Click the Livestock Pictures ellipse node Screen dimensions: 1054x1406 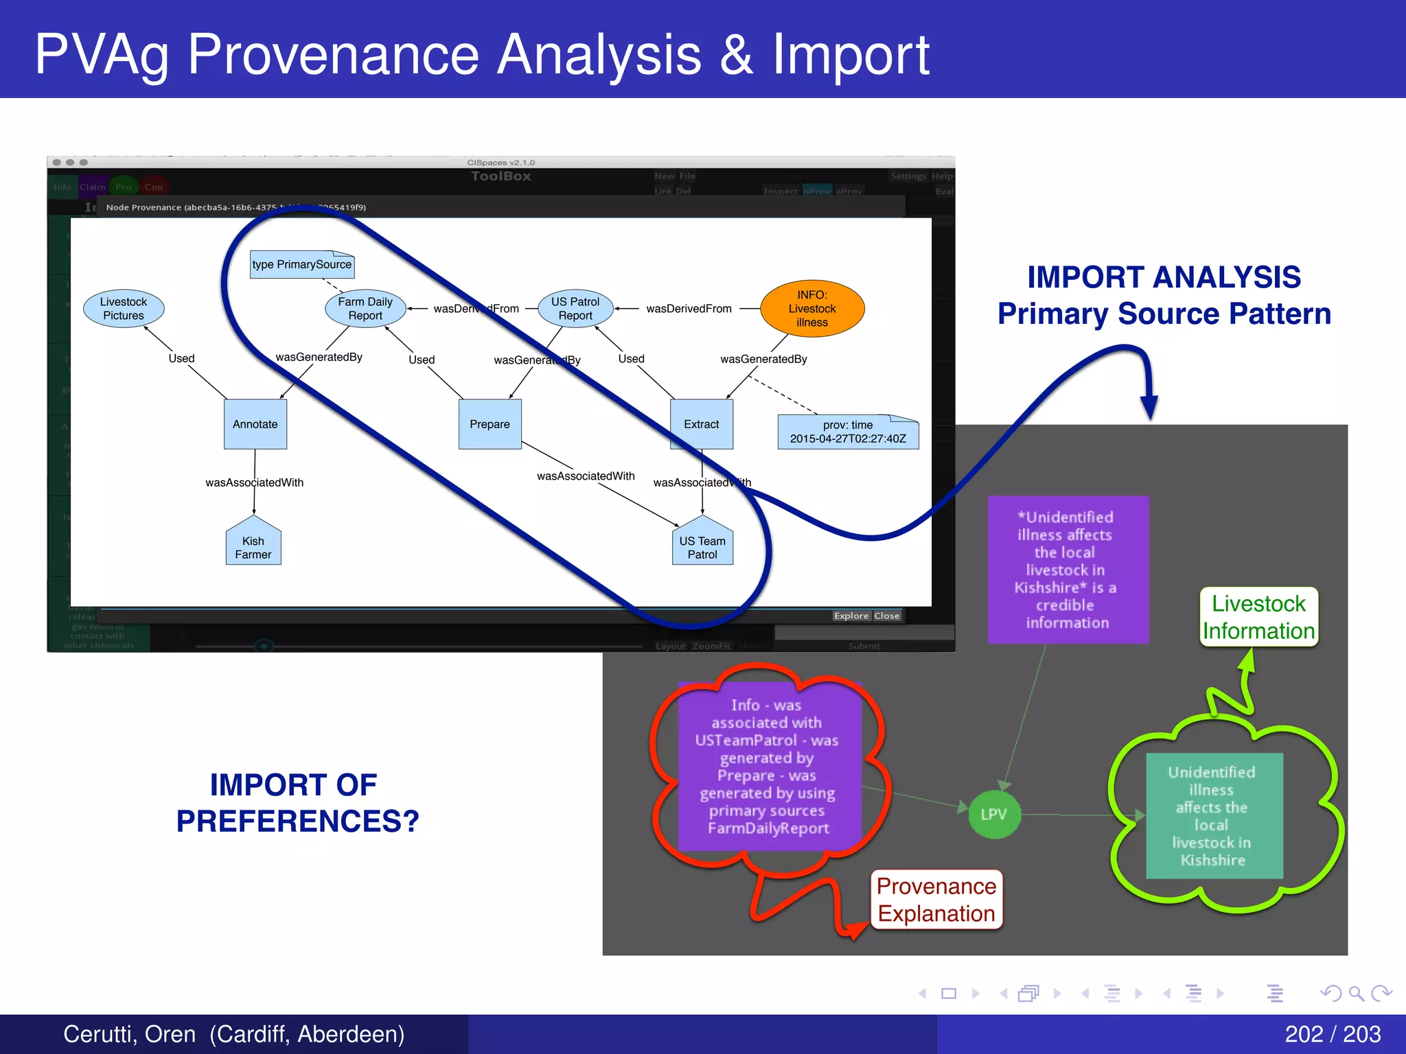click(124, 309)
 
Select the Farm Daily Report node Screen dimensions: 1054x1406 click(365, 309)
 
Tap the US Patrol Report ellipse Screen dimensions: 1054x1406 click(575, 309)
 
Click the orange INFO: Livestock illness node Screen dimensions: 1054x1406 click(812, 309)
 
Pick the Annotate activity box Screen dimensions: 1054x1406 click(255, 424)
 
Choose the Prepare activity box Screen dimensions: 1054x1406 click(489, 424)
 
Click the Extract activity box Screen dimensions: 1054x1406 click(701, 424)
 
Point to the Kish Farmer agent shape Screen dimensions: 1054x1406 click(253, 546)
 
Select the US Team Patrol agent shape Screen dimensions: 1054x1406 click(702, 546)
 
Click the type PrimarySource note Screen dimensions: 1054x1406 click(302, 265)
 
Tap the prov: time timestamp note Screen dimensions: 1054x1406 click(848, 432)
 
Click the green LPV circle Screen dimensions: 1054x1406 click(993, 815)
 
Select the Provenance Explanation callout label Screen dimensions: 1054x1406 click(936, 900)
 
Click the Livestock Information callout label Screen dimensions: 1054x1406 click(1258, 617)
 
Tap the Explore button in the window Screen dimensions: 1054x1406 click(851, 616)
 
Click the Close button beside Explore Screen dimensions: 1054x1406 click(886, 616)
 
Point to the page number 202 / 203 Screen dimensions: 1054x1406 click(1332, 1034)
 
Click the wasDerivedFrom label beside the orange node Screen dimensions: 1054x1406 click(689, 309)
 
